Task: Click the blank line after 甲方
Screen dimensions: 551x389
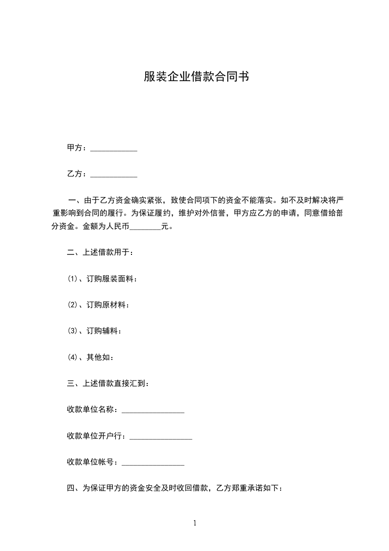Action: tap(114, 148)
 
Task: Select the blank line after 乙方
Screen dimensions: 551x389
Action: tap(114, 174)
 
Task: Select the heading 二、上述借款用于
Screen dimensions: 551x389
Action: tap(100, 253)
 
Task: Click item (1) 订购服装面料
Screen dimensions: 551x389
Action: tap(102, 279)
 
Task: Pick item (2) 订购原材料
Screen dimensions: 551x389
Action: tap(98, 305)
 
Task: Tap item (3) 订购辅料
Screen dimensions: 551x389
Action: tap(94, 331)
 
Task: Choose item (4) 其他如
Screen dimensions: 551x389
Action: tap(90, 357)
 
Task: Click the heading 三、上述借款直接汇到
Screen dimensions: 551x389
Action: tap(107, 383)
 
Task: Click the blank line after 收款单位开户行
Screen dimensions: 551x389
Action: tap(160, 436)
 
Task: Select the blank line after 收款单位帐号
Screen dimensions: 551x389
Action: tap(153, 462)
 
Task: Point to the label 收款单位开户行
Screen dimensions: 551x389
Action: tap(96, 436)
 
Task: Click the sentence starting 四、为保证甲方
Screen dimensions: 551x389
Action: tap(174, 488)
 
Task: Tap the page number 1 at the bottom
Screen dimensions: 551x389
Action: tap(195, 523)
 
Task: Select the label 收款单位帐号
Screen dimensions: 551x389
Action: tap(92, 462)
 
